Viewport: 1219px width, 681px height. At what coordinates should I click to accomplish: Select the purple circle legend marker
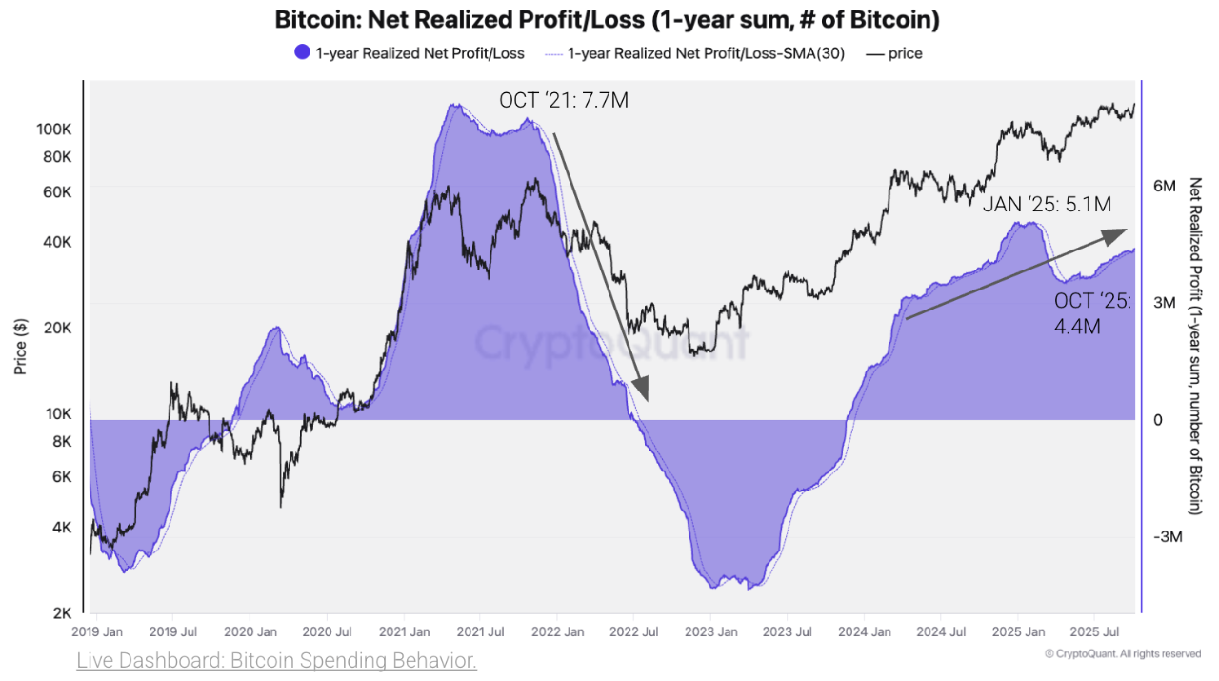302,53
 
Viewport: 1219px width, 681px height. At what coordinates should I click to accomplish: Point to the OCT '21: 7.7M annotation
564,100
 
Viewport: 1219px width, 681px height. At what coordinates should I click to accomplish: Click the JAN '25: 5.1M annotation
1047,204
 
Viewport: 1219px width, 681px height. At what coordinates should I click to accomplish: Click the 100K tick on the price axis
55,129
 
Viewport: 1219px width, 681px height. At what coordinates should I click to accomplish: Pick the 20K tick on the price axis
58,329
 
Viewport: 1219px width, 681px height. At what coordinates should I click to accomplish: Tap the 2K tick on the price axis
62,611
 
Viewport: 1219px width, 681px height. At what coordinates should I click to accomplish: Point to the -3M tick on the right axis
1168,537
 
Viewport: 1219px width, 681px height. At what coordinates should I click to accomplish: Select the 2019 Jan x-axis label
96,631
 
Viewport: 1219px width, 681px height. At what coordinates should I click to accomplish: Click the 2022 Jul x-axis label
634,631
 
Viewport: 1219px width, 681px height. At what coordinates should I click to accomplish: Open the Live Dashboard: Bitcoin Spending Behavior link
276,660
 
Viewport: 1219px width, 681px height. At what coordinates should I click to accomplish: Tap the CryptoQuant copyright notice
1122,653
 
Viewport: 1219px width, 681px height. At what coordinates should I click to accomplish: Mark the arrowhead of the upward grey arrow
1118,232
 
